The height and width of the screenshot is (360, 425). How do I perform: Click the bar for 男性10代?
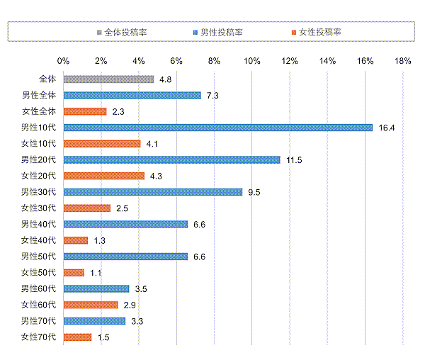coord(217,128)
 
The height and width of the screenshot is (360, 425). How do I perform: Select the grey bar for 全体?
coord(108,79)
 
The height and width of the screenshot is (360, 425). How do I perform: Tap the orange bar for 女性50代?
coord(74,273)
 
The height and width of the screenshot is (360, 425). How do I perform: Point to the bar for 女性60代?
coord(91,305)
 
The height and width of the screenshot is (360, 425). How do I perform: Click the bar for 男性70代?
coord(94,321)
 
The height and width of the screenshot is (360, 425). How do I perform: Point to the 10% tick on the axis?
coord(251,61)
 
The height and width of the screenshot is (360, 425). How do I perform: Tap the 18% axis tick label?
coord(402,61)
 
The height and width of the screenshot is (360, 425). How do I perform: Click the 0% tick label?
coord(63,61)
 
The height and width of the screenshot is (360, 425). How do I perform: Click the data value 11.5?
coord(294,160)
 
